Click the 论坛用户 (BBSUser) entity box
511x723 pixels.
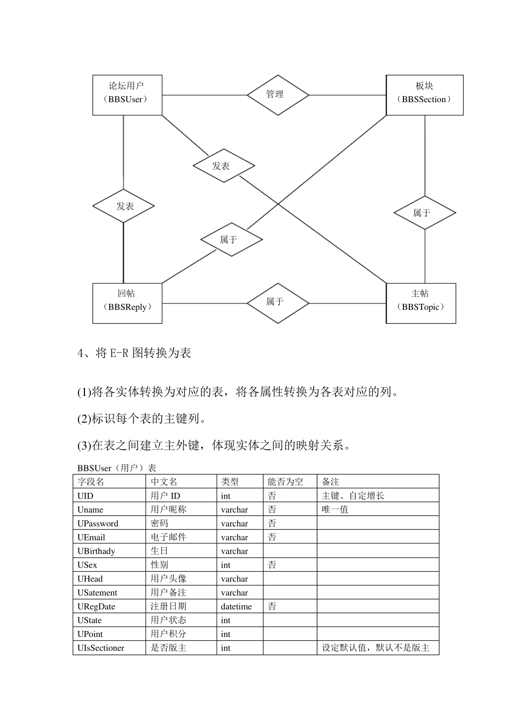click(x=127, y=95)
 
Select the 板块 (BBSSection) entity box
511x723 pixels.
click(x=424, y=95)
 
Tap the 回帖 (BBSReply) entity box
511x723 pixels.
click(x=127, y=303)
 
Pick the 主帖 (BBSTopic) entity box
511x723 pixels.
click(x=421, y=303)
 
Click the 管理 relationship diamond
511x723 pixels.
click(x=278, y=95)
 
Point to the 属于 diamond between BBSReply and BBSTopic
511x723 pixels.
click(x=278, y=303)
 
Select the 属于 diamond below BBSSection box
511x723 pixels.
click(x=424, y=213)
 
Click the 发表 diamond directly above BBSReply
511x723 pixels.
click(x=124, y=206)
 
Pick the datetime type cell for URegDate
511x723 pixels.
click(x=236, y=606)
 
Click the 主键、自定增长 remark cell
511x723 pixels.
click(x=353, y=495)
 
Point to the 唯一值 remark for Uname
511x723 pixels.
click(x=335, y=509)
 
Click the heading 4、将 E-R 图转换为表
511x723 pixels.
click(x=134, y=353)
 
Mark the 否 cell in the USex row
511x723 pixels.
click(x=272, y=565)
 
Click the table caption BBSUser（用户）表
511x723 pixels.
click(x=117, y=468)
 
